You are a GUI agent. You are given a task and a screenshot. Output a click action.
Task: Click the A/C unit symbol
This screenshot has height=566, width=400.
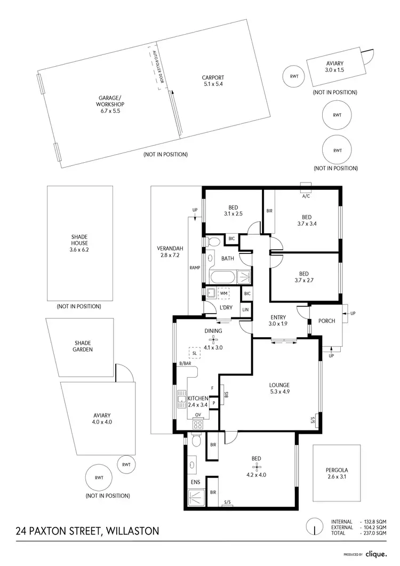(x=306, y=187)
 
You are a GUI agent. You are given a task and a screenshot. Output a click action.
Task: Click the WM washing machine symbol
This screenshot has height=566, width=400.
(x=223, y=294)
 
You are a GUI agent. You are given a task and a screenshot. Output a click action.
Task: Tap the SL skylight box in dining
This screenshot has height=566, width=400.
(x=194, y=353)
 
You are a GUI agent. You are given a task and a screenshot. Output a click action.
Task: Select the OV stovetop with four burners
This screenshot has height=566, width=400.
(x=198, y=425)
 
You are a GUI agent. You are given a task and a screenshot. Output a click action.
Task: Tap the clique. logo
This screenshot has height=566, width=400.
(x=378, y=554)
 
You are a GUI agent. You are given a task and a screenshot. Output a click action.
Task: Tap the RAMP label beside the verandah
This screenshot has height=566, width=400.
(x=195, y=268)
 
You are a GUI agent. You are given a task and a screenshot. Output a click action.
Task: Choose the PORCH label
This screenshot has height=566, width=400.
(x=326, y=321)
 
